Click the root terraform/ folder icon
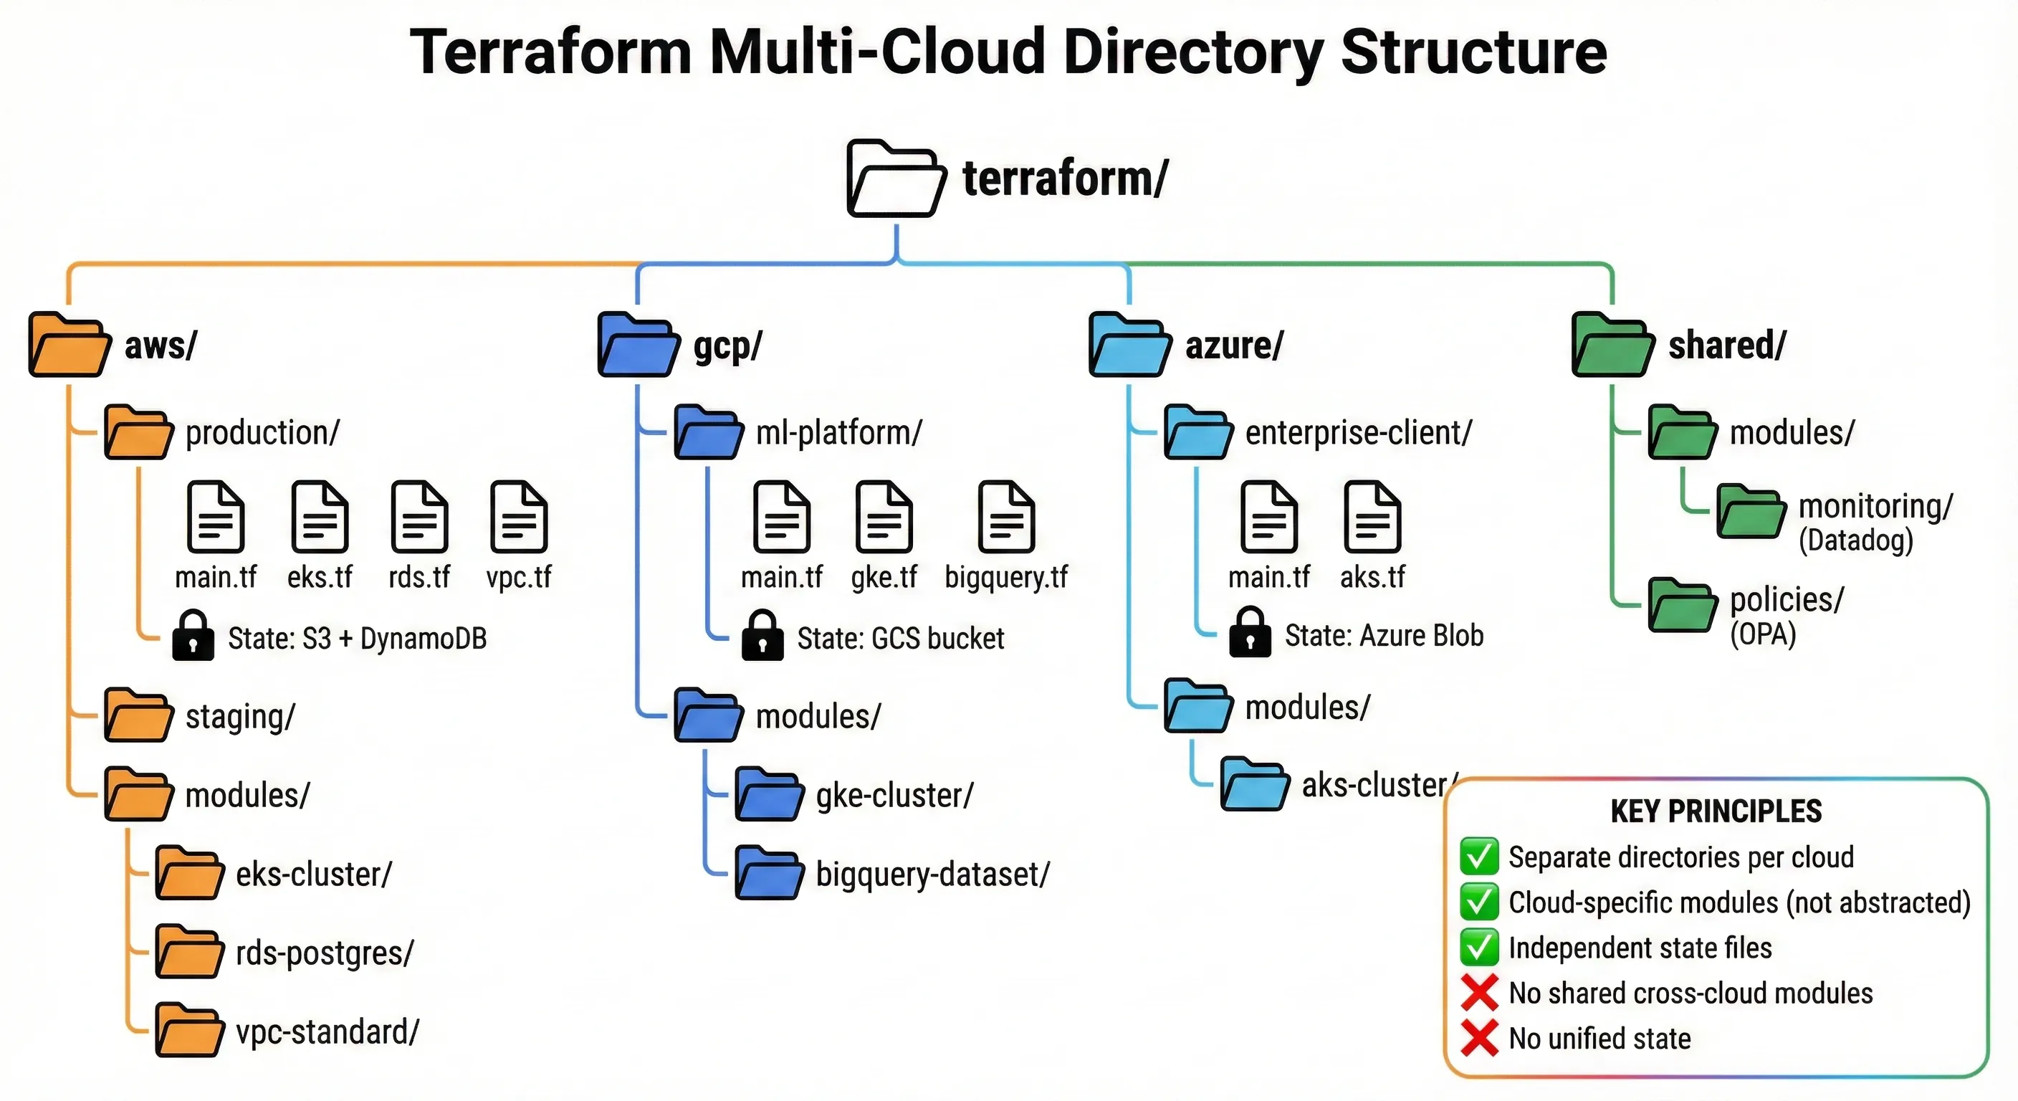(894, 178)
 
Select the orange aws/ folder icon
(69, 345)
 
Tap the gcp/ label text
(727, 345)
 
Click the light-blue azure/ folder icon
(1129, 345)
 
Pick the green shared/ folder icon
(1612, 345)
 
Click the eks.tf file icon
(320, 518)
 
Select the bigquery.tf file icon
(1007, 518)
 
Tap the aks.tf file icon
(1372, 518)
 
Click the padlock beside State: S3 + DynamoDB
(193, 636)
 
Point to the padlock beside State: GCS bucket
(762, 636)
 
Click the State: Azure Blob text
(1384, 636)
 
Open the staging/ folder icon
(138, 715)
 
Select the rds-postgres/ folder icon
(188, 952)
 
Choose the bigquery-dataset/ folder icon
(768, 873)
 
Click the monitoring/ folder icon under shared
(1751, 512)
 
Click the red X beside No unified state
(1479, 1037)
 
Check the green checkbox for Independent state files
(1479, 948)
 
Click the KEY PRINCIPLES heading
(1716, 811)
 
